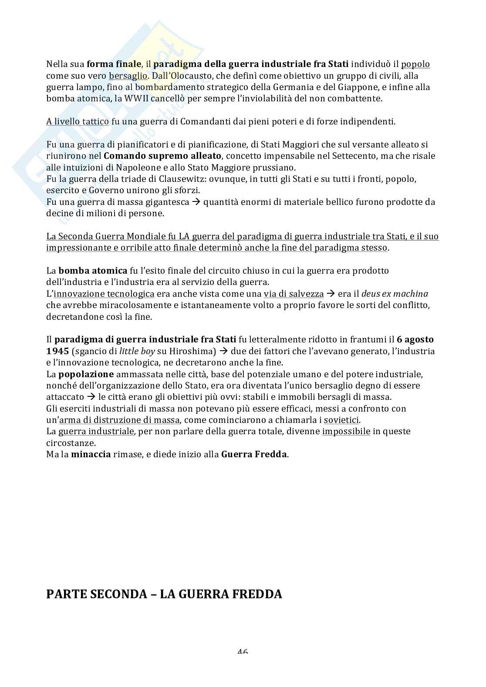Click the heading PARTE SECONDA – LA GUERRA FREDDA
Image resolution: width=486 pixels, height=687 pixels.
[x=164, y=594]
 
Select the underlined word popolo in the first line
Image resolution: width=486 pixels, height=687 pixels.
[x=415, y=64]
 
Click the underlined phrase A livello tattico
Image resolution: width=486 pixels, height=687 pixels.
[x=78, y=121]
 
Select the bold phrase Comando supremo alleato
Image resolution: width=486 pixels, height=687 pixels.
[x=162, y=156]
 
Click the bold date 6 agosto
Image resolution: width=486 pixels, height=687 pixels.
[x=415, y=339]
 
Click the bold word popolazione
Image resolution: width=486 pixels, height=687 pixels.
[x=86, y=374]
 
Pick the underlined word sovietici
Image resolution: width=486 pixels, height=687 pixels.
[x=341, y=420]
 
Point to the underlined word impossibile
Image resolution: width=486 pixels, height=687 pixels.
[x=346, y=432]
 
